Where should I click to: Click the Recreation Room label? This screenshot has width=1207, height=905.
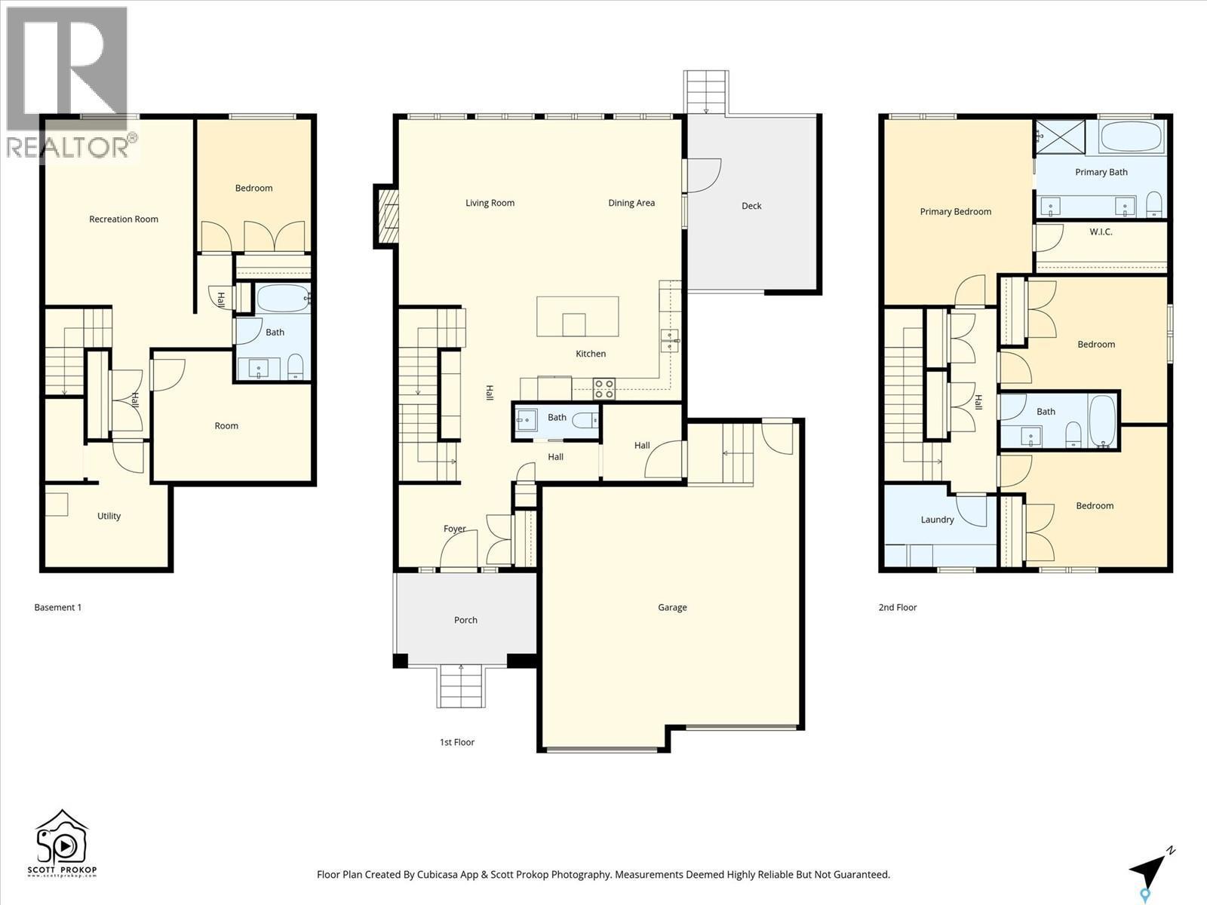click(124, 219)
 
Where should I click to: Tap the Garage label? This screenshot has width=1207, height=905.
click(672, 607)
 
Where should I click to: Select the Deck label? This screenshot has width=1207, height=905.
click(751, 206)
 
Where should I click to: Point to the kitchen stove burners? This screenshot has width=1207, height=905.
click(603, 388)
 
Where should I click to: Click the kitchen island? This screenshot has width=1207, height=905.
click(577, 317)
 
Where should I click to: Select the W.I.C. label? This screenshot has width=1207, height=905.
click(1101, 232)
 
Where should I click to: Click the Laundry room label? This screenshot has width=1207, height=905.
click(937, 520)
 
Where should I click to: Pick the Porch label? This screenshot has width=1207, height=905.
click(465, 620)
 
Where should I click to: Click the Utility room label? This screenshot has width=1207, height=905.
click(109, 516)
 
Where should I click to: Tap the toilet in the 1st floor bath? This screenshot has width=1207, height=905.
click(584, 419)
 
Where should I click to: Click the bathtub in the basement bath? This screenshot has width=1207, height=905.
click(283, 299)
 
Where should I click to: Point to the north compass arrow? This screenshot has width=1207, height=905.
click(1150, 870)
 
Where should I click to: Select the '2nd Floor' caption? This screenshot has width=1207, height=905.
click(897, 607)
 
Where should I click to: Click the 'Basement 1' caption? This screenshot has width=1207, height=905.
click(57, 607)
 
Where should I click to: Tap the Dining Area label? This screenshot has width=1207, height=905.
click(631, 203)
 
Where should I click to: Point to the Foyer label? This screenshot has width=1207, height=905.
click(454, 529)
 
